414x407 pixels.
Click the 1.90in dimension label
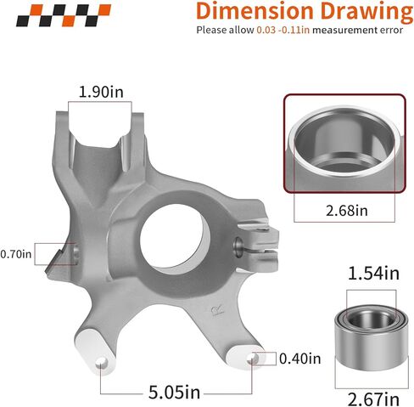(101, 92)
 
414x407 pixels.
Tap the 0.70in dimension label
(15, 254)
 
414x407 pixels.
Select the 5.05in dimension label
(174, 393)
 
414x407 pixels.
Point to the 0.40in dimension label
(300, 359)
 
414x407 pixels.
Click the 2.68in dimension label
(347, 211)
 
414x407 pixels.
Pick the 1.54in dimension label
(373, 274)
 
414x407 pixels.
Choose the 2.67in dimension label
(373, 399)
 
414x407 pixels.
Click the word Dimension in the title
(255, 11)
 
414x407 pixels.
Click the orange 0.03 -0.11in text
(283, 30)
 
